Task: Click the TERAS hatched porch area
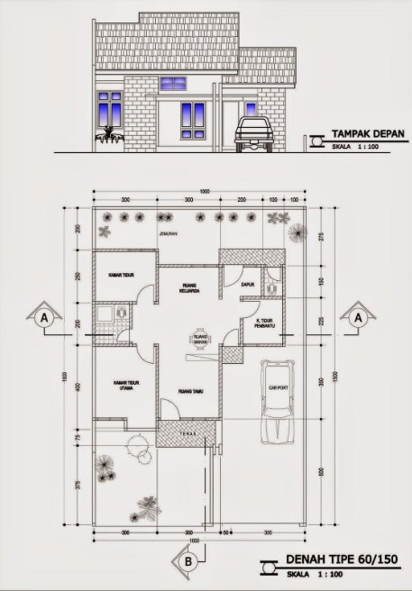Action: click(x=187, y=433)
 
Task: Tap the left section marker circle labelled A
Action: click(x=42, y=318)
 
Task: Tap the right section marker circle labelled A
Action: click(x=358, y=318)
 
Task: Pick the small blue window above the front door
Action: click(x=172, y=84)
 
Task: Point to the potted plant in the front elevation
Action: click(x=107, y=138)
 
